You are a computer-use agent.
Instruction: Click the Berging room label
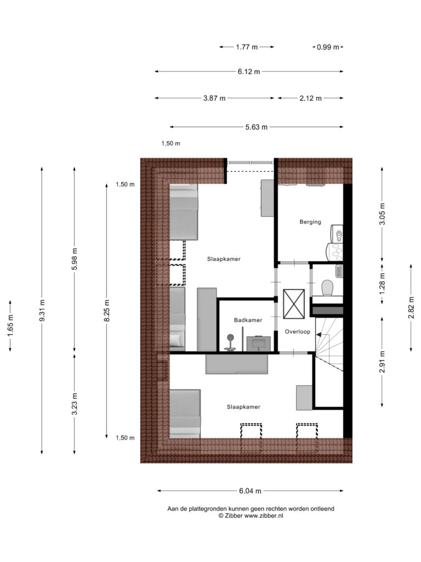click(x=310, y=222)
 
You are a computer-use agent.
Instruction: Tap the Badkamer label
click(x=248, y=320)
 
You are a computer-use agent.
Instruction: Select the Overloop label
click(x=297, y=331)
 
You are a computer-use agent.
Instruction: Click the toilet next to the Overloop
click(x=327, y=288)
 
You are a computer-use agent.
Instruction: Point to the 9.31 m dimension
click(x=42, y=311)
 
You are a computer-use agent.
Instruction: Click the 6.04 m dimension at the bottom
click(x=250, y=491)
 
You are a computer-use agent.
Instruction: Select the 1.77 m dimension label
click(x=247, y=47)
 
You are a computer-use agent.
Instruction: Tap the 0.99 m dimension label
click(x=328, y=47)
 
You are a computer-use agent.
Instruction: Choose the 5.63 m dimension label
click(x=257, y=127)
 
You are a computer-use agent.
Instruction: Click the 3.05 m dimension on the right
click(x=382, y=214)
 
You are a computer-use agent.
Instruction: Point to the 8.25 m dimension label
click(x=107, y=311)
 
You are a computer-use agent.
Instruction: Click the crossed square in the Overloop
click(x=294, y=304)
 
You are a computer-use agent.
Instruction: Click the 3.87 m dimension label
click(x=214, y=98)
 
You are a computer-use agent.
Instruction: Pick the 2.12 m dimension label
click(x=310, y=98)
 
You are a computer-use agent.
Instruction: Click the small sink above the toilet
click(x=339, y=271)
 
